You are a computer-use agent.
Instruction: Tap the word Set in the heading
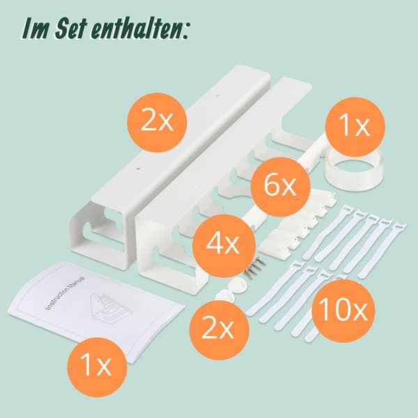[71, 29]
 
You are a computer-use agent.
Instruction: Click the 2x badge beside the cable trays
[157, 123]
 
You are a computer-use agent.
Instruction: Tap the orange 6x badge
[280, 187]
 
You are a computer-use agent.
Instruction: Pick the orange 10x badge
[343, 311]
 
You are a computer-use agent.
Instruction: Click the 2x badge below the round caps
[219, 330]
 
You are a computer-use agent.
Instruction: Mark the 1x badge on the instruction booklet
[97, 366]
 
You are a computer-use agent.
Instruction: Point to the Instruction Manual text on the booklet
[65, 293]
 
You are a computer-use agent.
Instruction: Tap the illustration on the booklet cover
[106, 307]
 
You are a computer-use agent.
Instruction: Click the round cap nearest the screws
[239, 285]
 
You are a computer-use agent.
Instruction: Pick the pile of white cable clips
[296, 224]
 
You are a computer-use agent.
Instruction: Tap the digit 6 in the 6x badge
[272, 185]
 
